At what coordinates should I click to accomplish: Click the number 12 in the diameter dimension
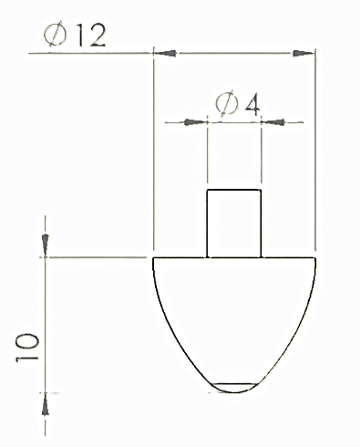(91, 36)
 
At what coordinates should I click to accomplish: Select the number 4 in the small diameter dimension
(253, 106)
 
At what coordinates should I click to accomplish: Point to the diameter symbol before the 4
(226, 103)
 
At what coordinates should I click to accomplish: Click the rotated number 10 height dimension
(27, 348)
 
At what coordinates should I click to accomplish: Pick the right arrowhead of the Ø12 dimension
(303, 54)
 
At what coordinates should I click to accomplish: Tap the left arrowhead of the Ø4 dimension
(196, 122)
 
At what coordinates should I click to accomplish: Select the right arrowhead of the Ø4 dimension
(273, 122)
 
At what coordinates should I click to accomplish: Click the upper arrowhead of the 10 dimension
(46, 245)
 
